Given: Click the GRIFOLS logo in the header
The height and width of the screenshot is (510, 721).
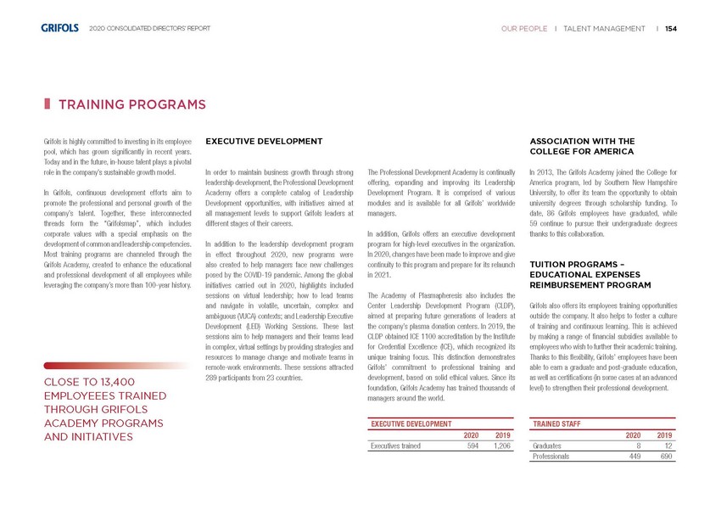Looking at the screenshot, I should click(59, 28).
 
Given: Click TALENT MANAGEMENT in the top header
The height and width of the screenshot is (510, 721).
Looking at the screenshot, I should click(604, 29).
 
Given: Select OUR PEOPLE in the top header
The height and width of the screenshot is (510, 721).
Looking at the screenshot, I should click(523, 29).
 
